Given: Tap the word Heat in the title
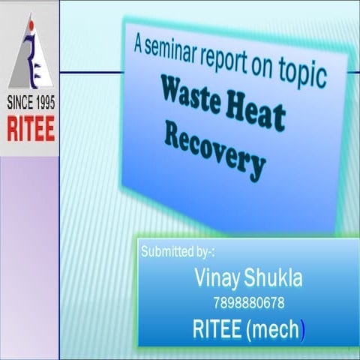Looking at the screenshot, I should [256, 114].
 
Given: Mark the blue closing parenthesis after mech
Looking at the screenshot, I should [302, 329].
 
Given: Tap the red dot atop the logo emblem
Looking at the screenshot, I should [30, 25].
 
